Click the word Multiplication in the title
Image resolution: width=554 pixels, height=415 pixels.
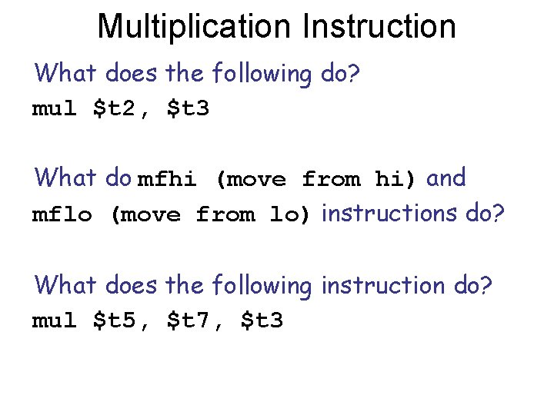[x=195, y=26]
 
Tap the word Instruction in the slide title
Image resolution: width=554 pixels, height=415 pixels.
[x=379, y=26]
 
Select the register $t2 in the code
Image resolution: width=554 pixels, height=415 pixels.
[x=116, y=109]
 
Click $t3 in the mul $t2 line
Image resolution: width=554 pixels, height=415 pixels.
[x=187, y=109]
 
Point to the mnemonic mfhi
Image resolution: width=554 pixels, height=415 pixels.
[x=165, y=180]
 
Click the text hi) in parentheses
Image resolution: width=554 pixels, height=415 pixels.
[x=395, y=180]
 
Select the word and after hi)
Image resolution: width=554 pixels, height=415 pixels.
[x=446, y=178]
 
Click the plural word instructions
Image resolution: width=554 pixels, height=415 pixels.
[x=389, y=213]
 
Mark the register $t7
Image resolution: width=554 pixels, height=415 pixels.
[x=190, y=320]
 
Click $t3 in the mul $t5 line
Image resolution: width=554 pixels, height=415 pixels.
[x=262, y=320]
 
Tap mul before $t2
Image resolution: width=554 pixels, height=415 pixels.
[x=53, y=109]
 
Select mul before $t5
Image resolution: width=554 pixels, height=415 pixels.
[x=53, y=320]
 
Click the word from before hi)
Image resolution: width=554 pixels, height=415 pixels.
[x=331, y=180]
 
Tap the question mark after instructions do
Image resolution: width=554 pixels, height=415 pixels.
[x=499, y=213]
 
